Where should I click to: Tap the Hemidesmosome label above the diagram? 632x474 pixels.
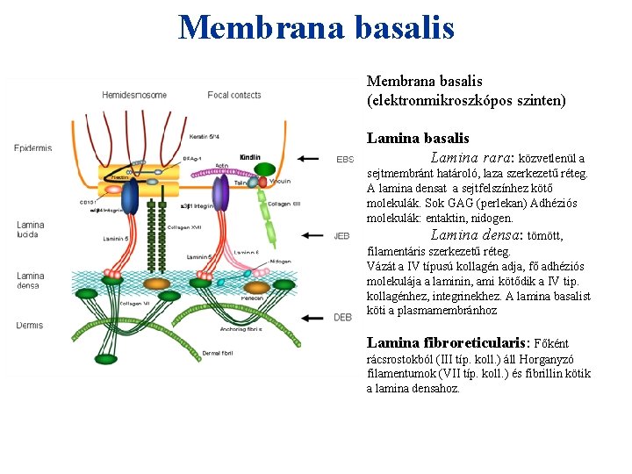pyautogui.click(x=133, y=95)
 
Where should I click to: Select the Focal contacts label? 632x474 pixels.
pyautogui.click(x=234, y=95)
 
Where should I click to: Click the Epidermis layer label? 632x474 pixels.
pyautogui.click(x=33, y=148)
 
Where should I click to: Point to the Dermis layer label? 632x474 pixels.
pyautogui.click(x=29, y=326)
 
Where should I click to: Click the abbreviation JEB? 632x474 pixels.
pyautogui.click(x=342, y=236)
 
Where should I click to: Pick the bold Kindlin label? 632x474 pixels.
pyautogui.click(x=249, y=158)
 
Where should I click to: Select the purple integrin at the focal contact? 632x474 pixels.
pyautogui.click(x=220, y=191)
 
